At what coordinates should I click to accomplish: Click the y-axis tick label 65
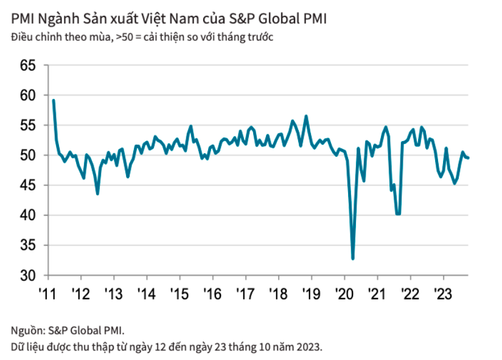pos(29,65)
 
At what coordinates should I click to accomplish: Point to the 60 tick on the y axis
pos(29,95)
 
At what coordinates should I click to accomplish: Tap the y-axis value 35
pos(29,246)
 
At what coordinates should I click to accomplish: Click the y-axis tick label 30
pos(29,275)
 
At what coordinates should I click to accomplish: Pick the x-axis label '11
pos(48,292)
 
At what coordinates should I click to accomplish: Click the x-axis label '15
pos(180,292)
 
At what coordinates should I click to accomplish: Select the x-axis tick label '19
pos(311,292)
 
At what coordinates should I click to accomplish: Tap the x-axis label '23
pos(442,292)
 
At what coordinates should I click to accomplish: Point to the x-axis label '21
pos(377,292)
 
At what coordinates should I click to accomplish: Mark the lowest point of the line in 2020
pos(353,258)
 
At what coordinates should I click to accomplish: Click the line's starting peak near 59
pos(54,100)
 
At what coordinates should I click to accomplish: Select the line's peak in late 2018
pos(306,116)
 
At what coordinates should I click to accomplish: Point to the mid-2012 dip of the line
pos(97,193)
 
